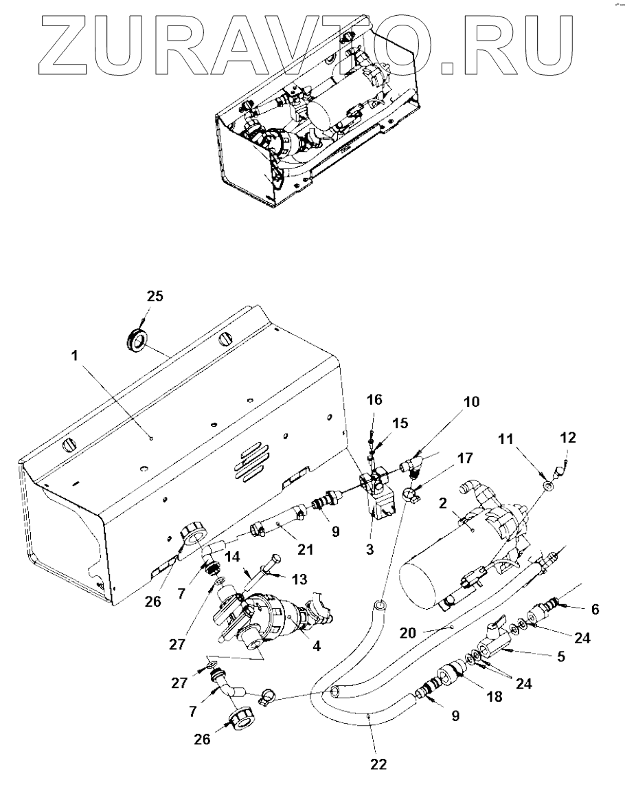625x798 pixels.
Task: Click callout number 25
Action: pyautogui.click(x=155, y=296)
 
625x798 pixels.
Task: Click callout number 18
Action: pyautogui.click(x=494, y=696)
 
